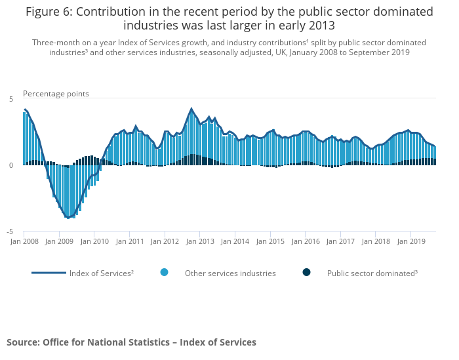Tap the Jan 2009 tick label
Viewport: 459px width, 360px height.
click(x=59, y=241)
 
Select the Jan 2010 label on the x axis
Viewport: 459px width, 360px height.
click(x=94, y=241)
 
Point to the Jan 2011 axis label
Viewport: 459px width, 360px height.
click(x=130, y=241)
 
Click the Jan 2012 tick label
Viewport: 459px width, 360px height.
click(x=165, y=241)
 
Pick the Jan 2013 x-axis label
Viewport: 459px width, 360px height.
click(x=201, y=241)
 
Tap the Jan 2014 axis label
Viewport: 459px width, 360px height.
click(x=236, y=241)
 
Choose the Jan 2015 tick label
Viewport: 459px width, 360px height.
click(x=271, y=241)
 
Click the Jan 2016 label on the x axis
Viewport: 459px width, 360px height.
click(x=306, y=241)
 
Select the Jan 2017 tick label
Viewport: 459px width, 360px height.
click(x=341, y=241)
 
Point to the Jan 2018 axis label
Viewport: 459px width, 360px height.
click(x=376, y=241)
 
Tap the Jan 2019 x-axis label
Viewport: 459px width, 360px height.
click(x=411, y=241)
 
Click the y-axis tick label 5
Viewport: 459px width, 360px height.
click(x=10, y=98)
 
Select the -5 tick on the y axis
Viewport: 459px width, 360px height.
click(x=9, y=231)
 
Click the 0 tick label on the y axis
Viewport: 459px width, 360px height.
click(x=10, y=165)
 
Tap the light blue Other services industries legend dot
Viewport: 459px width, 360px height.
click(x=164, y=272)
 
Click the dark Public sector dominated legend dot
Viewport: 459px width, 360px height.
click(x=306, y=272)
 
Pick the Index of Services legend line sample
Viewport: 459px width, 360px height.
click(x=49, y=272)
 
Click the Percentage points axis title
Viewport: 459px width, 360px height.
click(x=56, y=94)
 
